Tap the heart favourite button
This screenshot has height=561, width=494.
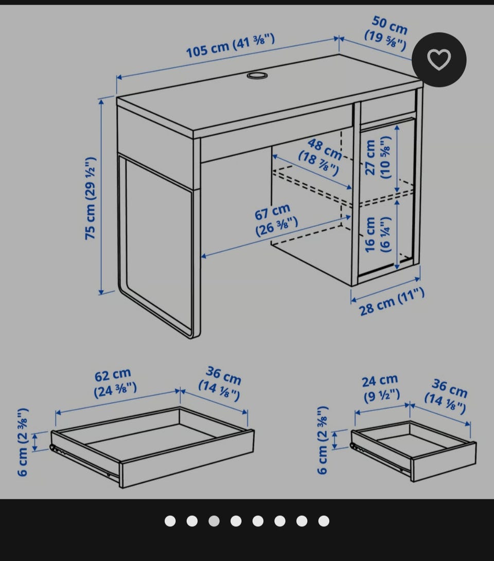439,59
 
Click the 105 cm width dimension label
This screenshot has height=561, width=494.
231,45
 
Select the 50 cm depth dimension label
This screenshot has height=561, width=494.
387,33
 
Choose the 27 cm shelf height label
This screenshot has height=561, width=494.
378,157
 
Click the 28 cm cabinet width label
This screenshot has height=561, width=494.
392,302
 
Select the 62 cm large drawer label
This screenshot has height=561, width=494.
114,382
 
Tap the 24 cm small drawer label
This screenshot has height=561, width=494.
381,388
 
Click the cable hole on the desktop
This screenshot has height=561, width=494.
257,76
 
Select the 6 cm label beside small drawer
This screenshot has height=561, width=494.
322,440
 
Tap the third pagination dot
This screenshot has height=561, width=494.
214,521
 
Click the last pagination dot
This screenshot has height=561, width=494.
324,521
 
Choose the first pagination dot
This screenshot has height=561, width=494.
170,521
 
